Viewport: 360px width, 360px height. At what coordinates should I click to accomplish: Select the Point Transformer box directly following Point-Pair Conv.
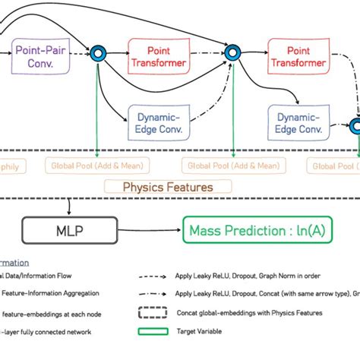coord(159,57)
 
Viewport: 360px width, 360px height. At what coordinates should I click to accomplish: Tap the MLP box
coord(69,230)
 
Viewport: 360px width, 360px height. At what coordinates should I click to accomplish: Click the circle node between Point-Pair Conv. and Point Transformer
coord(97,54)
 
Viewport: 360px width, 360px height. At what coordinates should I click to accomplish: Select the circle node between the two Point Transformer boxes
coord(233,54)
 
